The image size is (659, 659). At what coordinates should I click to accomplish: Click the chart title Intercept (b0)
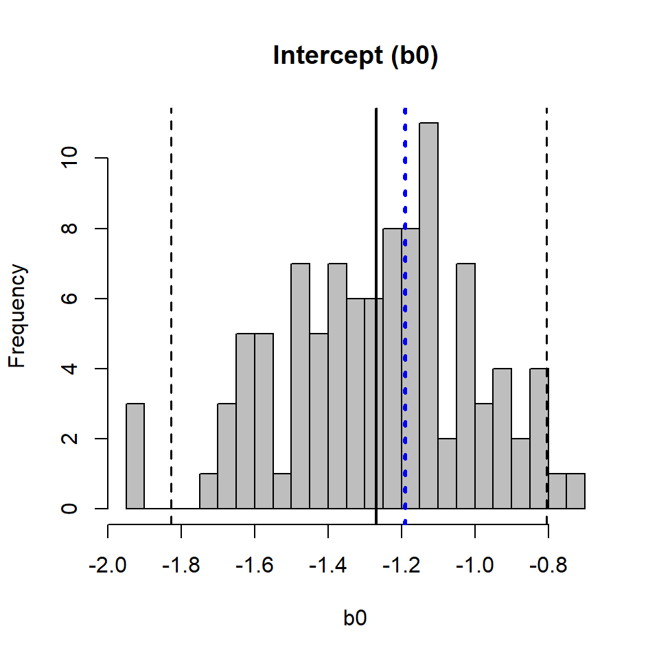pos(355,56)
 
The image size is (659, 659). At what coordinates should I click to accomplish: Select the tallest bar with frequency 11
pos(428,316)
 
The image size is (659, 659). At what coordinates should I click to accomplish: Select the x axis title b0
pos(355,618)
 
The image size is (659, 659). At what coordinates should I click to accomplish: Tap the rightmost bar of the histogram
pos(576,492)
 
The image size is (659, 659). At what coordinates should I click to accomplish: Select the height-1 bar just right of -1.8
pos(209,492)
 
